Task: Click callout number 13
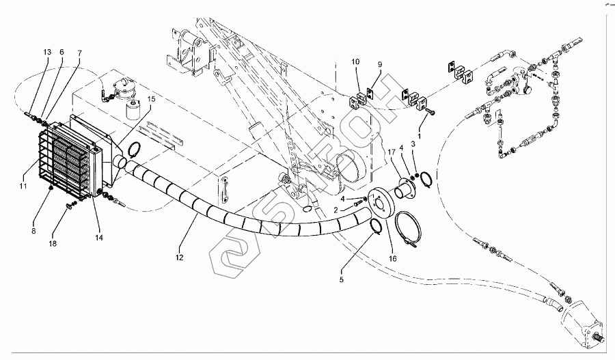point(47,52)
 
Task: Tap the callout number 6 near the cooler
point(62,52)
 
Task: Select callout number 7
point(79,52)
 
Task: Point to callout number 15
point(152,99)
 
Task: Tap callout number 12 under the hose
point(180,258)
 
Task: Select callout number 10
point(355,61)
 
